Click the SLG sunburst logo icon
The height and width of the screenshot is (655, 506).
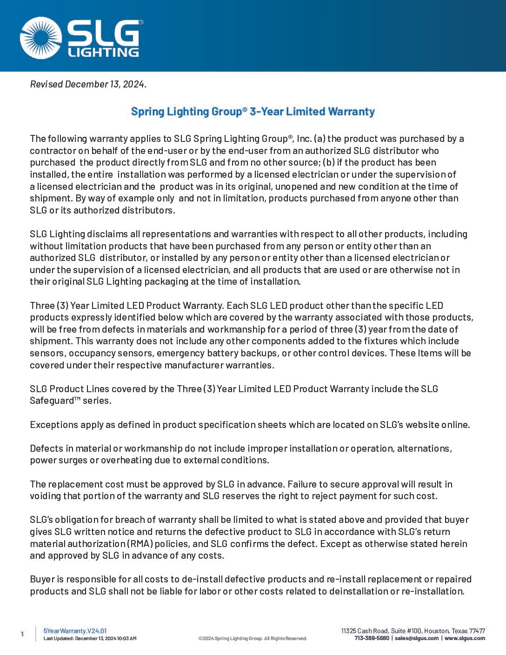[41, 38]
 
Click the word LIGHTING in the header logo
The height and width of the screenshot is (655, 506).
[103, 52]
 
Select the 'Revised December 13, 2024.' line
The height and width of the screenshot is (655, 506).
[88, 84]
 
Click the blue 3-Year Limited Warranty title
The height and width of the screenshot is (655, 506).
[253, 112]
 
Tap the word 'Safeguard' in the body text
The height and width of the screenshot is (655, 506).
[52, 401]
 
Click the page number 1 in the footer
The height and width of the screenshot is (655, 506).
[22, 634]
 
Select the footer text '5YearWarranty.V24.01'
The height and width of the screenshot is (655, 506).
[75, 631]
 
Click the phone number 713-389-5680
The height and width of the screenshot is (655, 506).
[372, 638]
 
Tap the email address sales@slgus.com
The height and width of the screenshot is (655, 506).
[416, 638]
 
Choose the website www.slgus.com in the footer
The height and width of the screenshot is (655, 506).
[465, 638]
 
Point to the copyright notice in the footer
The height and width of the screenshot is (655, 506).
[253, 639]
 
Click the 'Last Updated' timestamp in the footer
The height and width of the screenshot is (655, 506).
[90, 639]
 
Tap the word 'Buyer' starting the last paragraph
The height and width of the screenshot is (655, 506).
[42, 579]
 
